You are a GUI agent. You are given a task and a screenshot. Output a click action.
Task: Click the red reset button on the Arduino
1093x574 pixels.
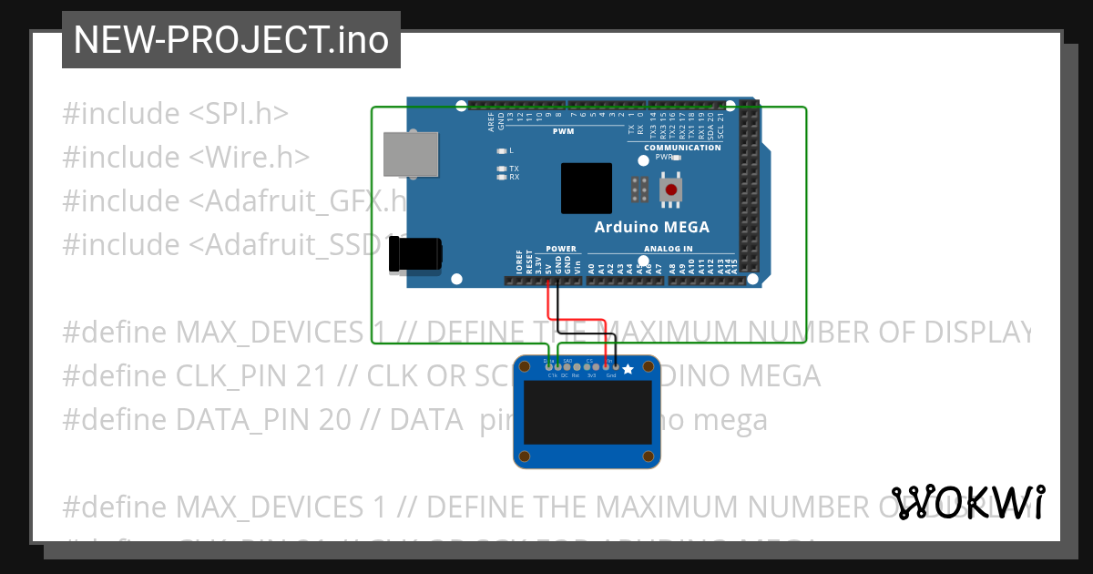pyautogui.click(x=671, y=190)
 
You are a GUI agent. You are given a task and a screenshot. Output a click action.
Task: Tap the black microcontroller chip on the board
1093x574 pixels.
pyautogui.click(x=586, y=189)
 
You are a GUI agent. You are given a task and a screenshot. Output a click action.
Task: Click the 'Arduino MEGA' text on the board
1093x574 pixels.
pyautogui.click(x=651, y=227)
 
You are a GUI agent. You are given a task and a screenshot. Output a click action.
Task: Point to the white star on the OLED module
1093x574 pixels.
pyautogui.click(x=628, y=368)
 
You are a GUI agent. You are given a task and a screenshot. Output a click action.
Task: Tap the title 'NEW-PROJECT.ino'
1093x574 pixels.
pyautogui.click(x=230, y=39)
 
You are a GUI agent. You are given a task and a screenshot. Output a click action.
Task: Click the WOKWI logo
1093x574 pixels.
pyautogui.click(x=967, y=502)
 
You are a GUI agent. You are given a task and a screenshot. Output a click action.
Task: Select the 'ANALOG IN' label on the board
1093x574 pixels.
pyautogui.click(x=669, y=249)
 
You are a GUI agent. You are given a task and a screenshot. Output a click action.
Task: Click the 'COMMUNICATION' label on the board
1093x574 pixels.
pyautogui.click(x=682, y=148)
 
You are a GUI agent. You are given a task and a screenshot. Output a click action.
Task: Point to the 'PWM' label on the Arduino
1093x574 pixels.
pyautogui.click(x=564, y=131)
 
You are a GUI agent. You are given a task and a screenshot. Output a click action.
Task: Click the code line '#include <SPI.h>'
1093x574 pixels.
pyautogui.click(x=175, y=114)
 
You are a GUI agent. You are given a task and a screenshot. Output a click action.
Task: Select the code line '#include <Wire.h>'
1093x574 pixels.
pyautogui.click(x=186, y=158)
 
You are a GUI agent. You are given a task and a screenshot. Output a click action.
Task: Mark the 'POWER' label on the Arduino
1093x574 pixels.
pyautogui.click(x=561, y=249)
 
